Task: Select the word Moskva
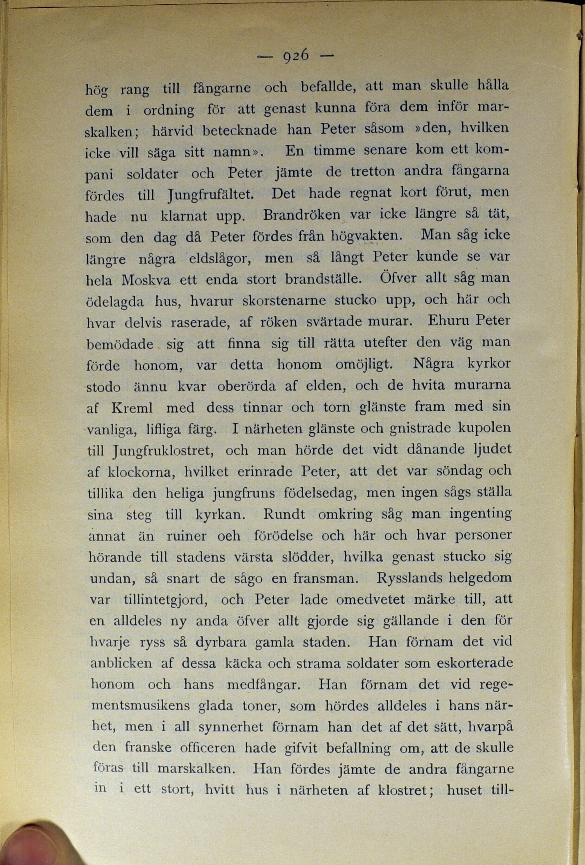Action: [x=146, y=280]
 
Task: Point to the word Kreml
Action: [x=132, y=408]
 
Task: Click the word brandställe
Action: [x=323, y=279]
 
